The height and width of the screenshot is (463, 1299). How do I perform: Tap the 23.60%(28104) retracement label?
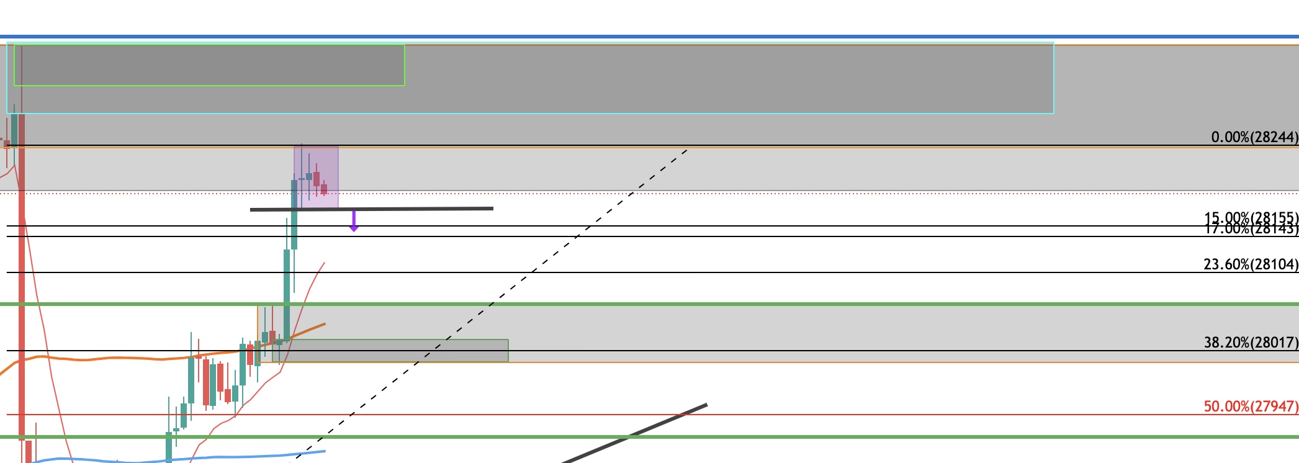click(1250, 264)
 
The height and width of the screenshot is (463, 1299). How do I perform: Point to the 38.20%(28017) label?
click(1250, 342)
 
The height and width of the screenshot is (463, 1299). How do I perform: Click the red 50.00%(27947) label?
click(1250, 407)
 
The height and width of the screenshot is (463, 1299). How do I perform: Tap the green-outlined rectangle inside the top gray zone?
click(209, 65)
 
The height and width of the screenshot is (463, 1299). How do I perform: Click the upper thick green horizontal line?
click(745, 304)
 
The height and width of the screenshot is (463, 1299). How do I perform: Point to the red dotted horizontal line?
click(745, 194)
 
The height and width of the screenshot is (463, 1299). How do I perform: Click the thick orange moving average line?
click(124, 358)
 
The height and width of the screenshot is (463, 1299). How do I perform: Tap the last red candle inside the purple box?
click(324, 189)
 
